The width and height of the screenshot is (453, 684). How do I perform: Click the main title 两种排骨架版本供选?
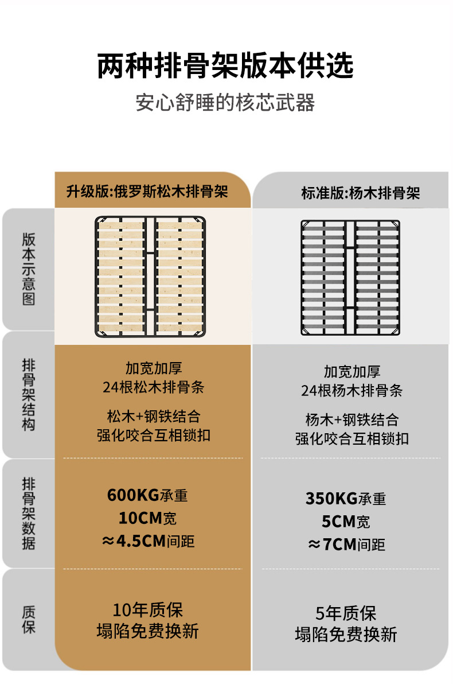pos(225,66)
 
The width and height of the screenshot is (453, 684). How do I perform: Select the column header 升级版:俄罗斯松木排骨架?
pos(147,191)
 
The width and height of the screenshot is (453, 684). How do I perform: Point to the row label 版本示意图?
pos(29,269)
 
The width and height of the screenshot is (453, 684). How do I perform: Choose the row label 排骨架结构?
pos(29,395)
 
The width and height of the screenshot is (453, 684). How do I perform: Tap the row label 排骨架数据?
pos(29,513)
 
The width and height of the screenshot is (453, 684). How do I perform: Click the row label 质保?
pos(29,620)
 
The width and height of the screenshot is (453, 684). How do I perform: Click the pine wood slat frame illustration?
pos(151,277)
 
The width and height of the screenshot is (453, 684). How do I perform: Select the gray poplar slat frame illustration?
pos(350,278)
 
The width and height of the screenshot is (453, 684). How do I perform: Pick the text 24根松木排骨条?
pos(154,387)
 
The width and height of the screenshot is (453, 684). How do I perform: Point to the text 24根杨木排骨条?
pos(352,391)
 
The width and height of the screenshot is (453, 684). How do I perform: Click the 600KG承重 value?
pos(147,495)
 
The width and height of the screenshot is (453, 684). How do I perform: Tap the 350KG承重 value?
pos(346,498)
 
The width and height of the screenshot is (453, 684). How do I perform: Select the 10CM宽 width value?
pos(147,518)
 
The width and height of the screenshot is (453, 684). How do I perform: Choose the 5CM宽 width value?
pos(346,522)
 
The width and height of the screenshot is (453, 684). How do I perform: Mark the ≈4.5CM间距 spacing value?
pos(148,541)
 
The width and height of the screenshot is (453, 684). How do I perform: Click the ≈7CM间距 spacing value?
pos(346,544)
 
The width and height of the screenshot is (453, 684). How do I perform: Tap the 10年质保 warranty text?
pos(147,610)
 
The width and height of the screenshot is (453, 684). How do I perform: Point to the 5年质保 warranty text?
pos(346,613)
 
